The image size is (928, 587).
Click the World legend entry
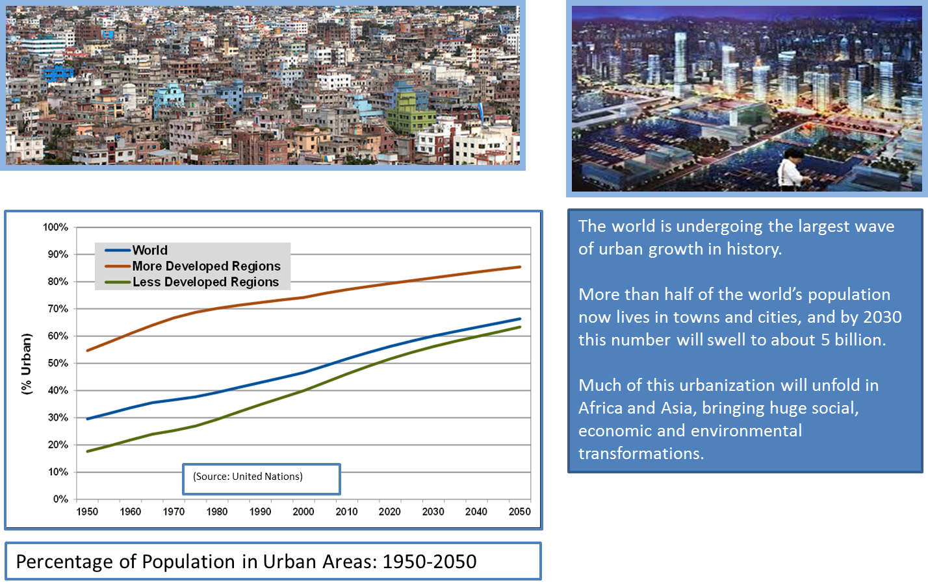149,251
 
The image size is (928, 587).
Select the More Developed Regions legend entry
206,266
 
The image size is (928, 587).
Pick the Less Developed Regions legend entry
205,282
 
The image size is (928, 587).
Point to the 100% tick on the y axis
56,227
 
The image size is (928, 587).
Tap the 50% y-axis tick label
58,363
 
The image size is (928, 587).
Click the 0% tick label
60,499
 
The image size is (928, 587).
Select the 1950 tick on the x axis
87,512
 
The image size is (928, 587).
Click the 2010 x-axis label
346,512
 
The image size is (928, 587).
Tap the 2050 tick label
519,512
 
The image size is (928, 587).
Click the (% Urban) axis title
26,364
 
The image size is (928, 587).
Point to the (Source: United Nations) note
248,477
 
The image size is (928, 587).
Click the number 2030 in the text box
882,317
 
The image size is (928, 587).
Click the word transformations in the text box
641,453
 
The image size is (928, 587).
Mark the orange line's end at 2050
520,267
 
